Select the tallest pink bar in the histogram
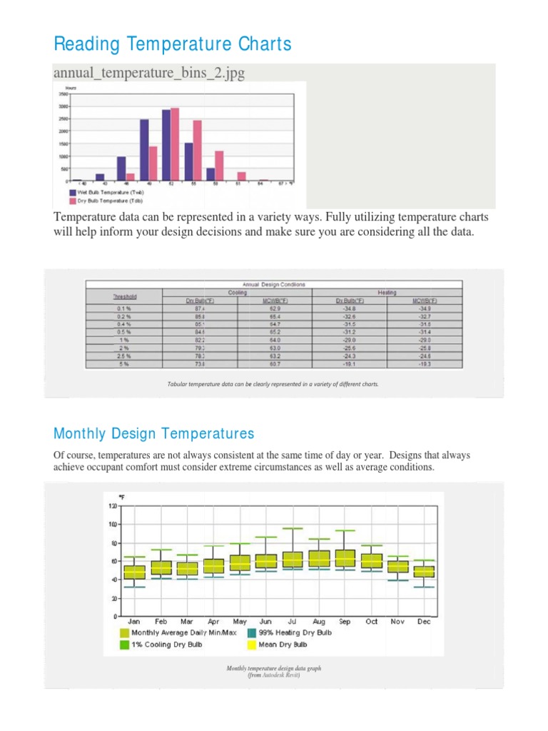[x=175, y=143]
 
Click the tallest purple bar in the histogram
[x=166, y=145]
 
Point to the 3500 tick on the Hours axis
[x=63, y=94]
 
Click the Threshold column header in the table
[x=124, y=296]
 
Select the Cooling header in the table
[x=238, y=291]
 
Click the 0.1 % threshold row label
[x=124, y=308]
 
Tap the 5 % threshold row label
[x=124, y=363]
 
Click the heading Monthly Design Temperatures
[x=153, y=433]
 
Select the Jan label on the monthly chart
[x=134, y=622]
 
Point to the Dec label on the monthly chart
[x=424, y=622]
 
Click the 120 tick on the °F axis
[x=112, y=506]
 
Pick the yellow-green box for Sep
[x=345, y=558]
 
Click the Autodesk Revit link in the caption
[x=281, y=675]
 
